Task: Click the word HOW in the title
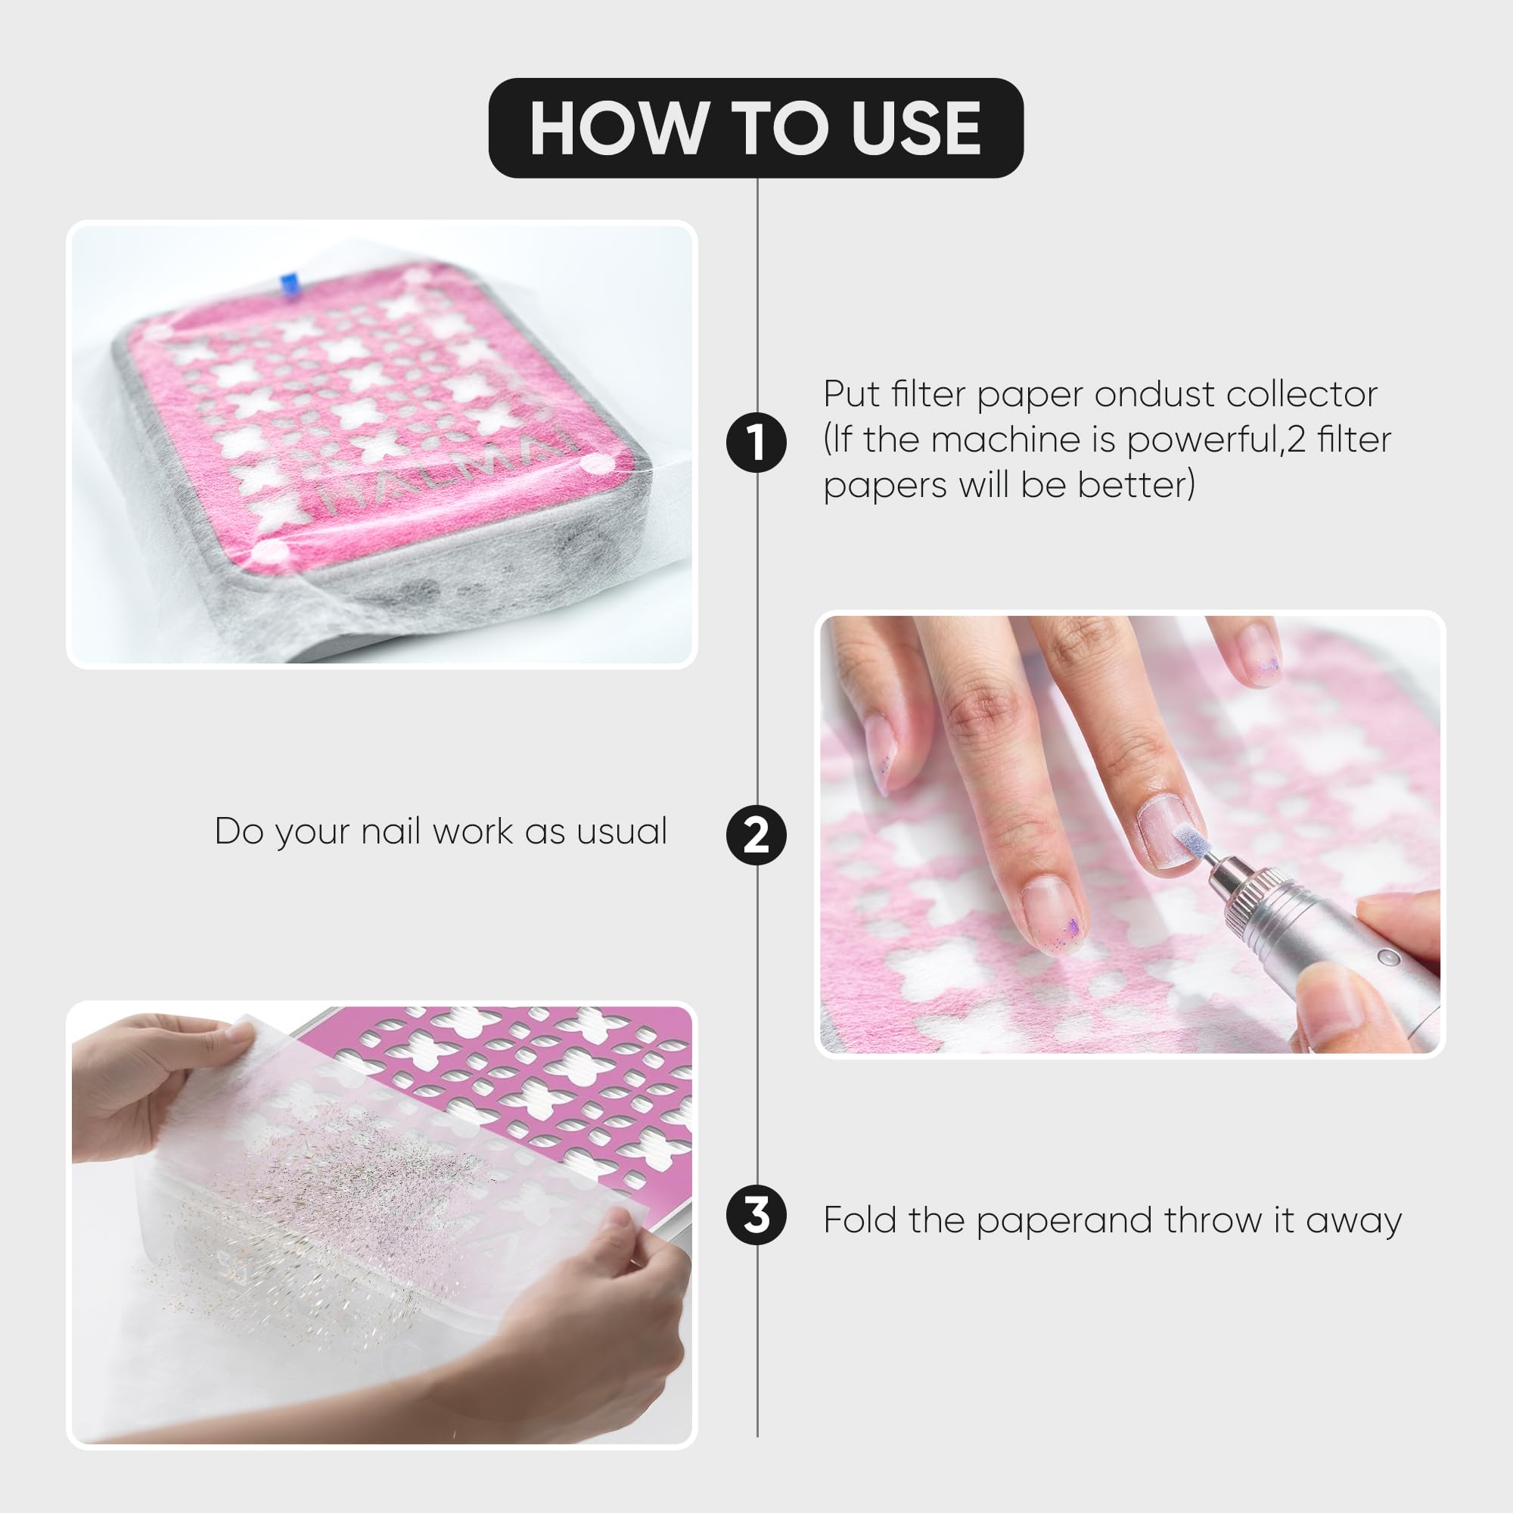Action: click(x=617, y=129)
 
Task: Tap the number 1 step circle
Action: click(x=756, y=442)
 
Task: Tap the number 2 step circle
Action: click(x=756, y=835)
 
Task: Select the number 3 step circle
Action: click(x=756, y=1216)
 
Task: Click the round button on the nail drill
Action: click(x=1388, y=957)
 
